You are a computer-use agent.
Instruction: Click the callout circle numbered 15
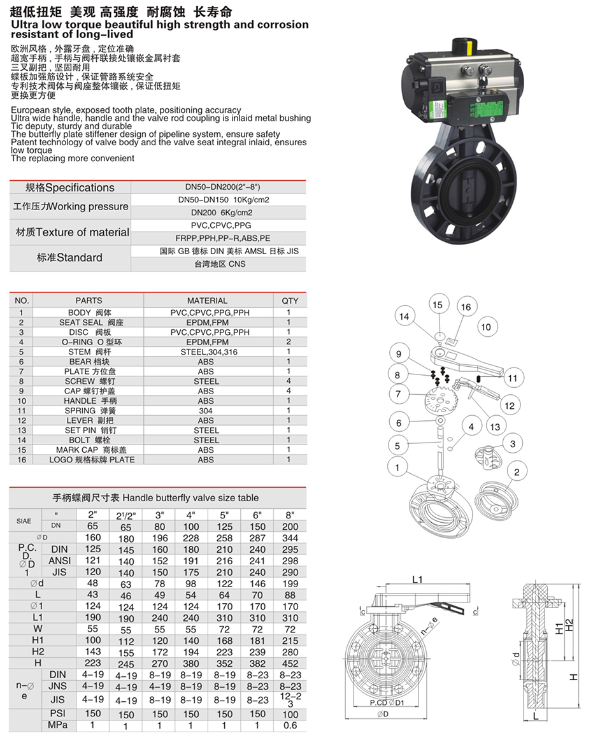(x=437, y=304)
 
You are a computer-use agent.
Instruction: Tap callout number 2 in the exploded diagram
(x=517, y=472)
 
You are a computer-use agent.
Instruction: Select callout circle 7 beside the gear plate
(x=398, y=394)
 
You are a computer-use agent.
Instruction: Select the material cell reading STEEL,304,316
(x=206, y=352)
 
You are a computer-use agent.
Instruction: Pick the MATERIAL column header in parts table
(x=207, y=300)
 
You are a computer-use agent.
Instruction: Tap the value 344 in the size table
(x=290, y=539)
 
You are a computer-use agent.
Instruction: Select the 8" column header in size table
(x=290, y=515)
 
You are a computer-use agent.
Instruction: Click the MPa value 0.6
(x=290, y=725)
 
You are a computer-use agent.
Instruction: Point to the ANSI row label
(x=60, y=560)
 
